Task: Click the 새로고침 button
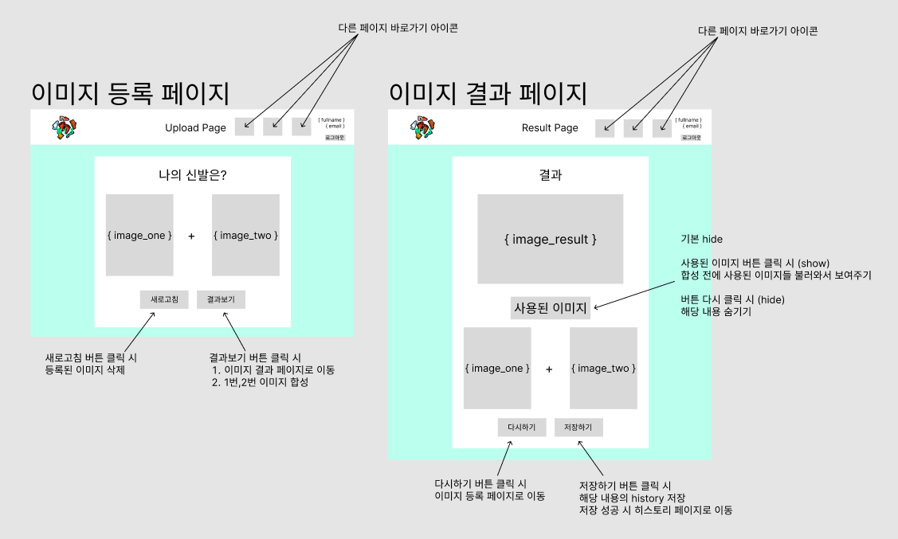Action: point(164,299)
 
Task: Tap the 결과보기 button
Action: point(221,299)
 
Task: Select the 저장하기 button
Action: point(578,428)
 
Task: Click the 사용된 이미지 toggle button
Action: point(551,307)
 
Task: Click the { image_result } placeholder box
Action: point(551,239)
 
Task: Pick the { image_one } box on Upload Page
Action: point(139,235)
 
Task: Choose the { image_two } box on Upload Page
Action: point(245,235)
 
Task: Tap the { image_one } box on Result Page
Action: point(497,368)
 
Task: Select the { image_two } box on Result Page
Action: point(603,368)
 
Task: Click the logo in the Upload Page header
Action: point(65,128)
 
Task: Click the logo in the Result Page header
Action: point(422,128)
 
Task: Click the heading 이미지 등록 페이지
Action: point(130,93)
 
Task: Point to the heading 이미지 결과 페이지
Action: point(488,93)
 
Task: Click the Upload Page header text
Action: point(195,127)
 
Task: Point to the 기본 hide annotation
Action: point(701,239)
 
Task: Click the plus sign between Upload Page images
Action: point(191,236)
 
